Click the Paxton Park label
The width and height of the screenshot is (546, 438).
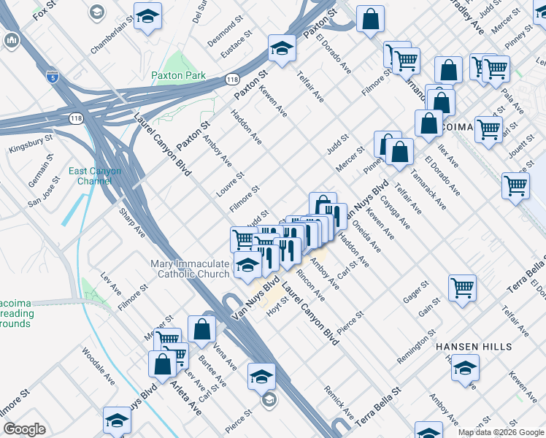178,75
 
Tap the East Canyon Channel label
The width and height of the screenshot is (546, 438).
95,176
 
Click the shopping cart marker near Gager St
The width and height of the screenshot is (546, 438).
463,287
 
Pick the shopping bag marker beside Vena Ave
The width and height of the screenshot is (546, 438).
201,329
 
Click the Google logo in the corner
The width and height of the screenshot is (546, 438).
24,429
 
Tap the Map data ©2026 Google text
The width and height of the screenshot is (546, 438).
500,432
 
